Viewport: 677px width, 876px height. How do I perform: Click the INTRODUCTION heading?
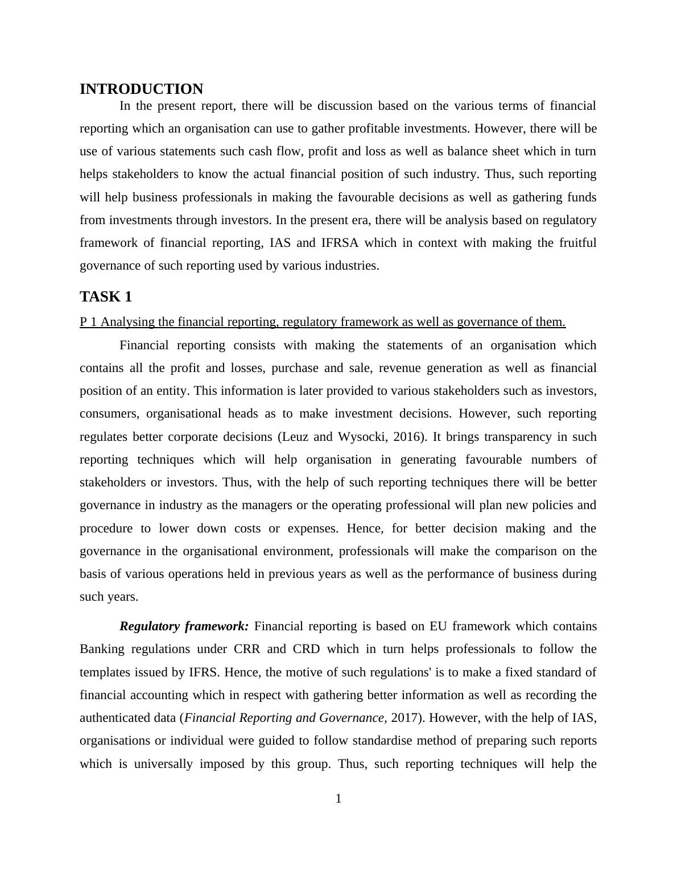[x=141, y=89]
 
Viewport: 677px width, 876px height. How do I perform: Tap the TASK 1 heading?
[x=106, y=297]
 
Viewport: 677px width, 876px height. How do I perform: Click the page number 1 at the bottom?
[x=338, y=799]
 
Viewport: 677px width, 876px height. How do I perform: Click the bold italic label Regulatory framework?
[x=184, y=626]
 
